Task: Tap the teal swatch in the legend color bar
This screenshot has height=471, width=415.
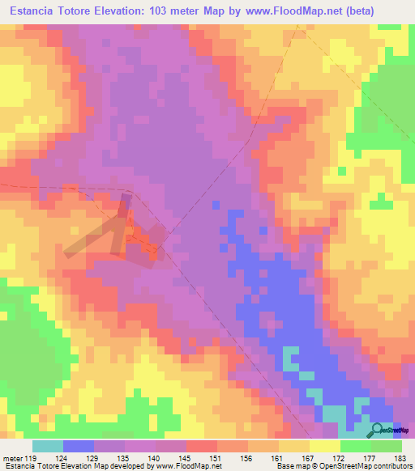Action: [48, 446]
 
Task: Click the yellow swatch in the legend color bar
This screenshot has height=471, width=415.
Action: [325, 446]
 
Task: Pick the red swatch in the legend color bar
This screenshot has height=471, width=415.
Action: [202, 446]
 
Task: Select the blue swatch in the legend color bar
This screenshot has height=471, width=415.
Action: [79, 446]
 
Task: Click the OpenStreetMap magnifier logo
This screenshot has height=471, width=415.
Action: [379, 429]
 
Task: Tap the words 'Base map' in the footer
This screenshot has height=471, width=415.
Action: [289, 466]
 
